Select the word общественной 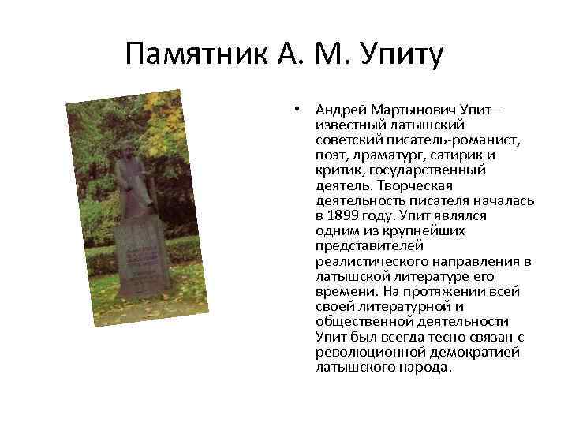click(366, 321)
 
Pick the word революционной click(368, 351)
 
